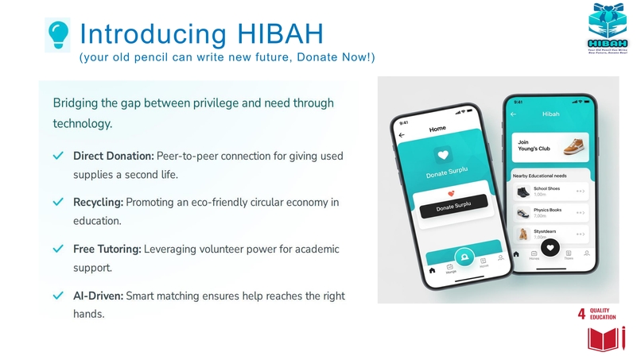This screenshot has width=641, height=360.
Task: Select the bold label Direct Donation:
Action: point(114,155)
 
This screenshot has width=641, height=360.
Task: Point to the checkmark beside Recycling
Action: point(58,203)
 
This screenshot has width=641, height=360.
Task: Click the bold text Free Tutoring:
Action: point(107,250)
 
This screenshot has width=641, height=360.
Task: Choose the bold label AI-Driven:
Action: point(99,296)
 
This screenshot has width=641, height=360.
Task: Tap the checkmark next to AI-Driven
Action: point(58,296)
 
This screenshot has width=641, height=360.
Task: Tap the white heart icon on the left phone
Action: point(443,156)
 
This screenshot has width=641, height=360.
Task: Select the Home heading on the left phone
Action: point(437,129)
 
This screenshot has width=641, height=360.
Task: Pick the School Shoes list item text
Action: point(547,188)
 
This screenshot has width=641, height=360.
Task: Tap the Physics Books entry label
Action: point(547,211)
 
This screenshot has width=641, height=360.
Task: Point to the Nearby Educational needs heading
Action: point(539,175)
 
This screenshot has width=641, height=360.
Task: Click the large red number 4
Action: point(581,314)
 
